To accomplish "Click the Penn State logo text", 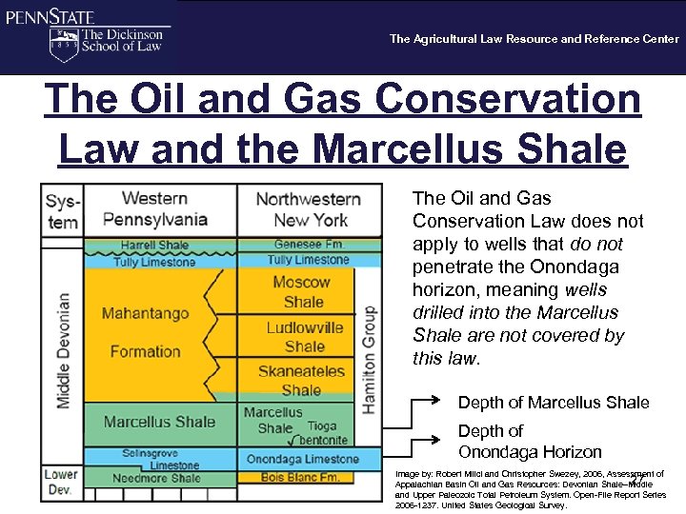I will (x=48, y=16).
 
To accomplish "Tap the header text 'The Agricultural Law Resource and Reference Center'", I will (x=534, y=39).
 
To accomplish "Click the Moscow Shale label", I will (x=303, y=291).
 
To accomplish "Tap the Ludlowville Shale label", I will (x=304, y=337).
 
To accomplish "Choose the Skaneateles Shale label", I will (x=301, y=381).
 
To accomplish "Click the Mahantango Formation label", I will (x=145, y=331).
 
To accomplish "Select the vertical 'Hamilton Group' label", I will (x=369, y=358).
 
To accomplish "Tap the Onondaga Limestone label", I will (x=303, y=459).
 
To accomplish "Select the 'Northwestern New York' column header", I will (x=308, y=209).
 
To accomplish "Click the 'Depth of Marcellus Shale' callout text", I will (x=554, y=403).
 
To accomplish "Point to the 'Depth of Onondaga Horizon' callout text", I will (x=530, y=442).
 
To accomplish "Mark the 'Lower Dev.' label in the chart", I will (x=62, y=482).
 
